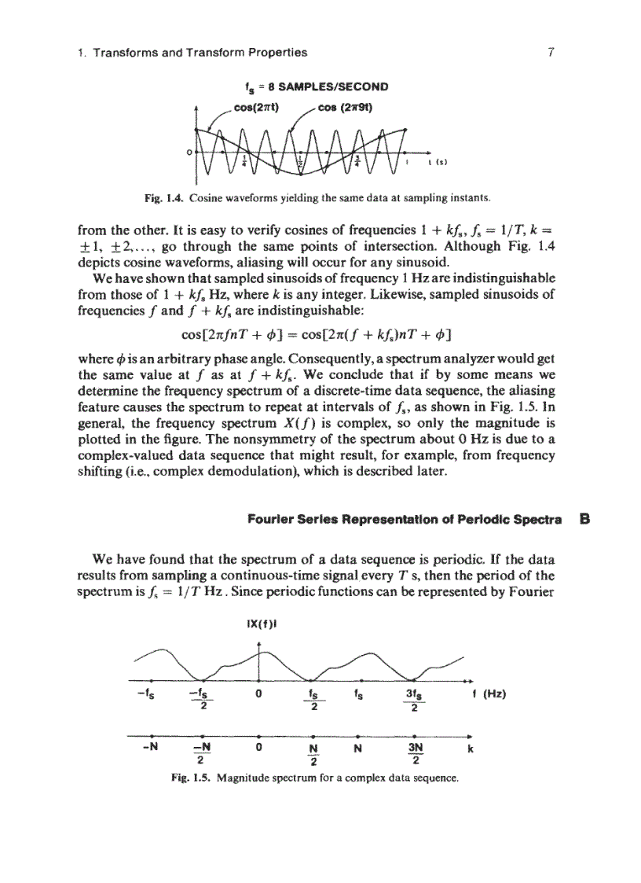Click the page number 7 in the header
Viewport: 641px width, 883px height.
552,53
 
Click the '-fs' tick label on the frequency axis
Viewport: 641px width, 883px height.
146,694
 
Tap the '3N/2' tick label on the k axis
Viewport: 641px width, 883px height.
416,753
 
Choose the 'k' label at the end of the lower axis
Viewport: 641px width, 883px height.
470,749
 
